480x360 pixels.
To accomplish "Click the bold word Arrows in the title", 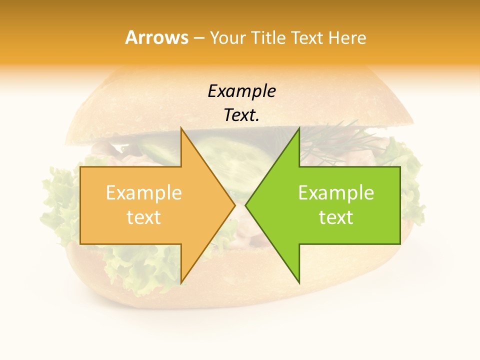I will [156, 37].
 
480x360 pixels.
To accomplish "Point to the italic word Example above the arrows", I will [241, 91].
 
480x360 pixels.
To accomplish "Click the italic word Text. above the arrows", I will [241, 115].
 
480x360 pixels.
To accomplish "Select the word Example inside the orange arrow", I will [143, 193].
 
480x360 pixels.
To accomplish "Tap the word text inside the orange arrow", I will [143, 217].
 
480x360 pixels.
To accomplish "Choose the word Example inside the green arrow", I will [336, 193].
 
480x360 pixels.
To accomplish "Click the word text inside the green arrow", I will [336, 217].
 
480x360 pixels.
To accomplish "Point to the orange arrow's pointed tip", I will [235, 205].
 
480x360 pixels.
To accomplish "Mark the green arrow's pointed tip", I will [245, 205].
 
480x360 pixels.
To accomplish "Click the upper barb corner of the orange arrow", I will [181, 128].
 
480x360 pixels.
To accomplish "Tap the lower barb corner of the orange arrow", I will [181, 283].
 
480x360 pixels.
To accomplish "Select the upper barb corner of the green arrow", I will [299, 128].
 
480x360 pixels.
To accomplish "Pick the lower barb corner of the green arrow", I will [299, 283].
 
